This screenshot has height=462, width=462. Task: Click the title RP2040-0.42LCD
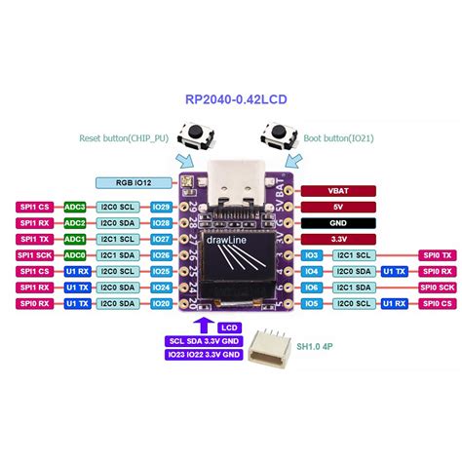[231, 98]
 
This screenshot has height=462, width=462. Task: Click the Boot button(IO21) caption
[341, 139]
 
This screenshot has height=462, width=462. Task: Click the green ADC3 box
[74, 207]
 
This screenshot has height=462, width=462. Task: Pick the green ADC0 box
[74, 254]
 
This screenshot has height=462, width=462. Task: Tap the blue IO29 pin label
[162, 207]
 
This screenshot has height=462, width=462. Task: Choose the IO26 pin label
[162, 254]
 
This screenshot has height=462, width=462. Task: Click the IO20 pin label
[162, 302]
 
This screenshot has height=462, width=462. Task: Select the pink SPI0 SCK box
[436, 287]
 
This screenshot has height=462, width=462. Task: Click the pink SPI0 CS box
[436, 302]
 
